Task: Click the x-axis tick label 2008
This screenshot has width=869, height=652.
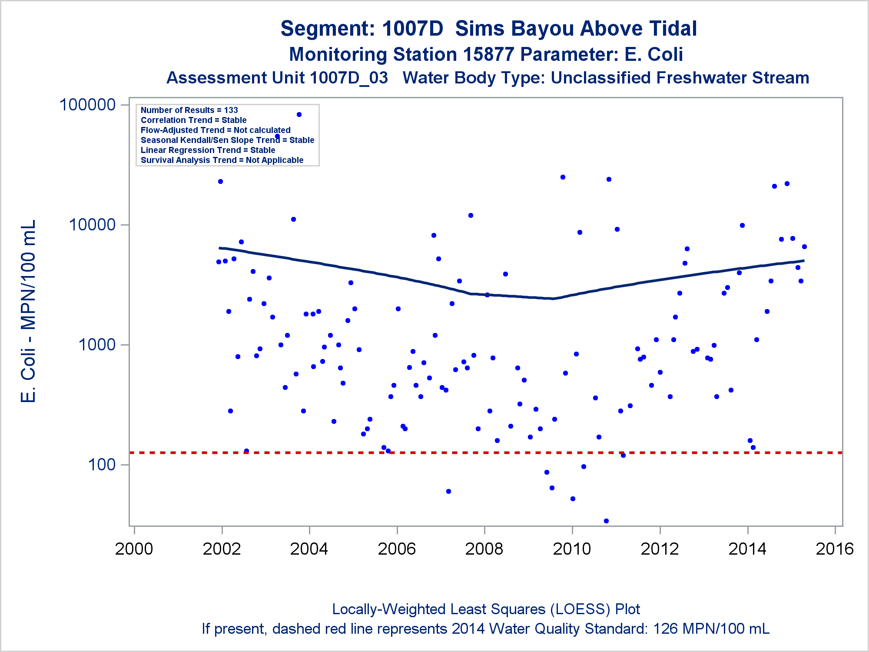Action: [484, 549]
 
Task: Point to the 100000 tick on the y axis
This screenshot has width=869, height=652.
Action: [87, 105]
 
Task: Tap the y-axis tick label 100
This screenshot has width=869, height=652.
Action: [102, 465]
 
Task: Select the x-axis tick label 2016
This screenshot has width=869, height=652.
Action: [835, 549]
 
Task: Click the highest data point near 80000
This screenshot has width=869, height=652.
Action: [299, 115]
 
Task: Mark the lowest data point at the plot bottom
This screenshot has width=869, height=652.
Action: [606, 521]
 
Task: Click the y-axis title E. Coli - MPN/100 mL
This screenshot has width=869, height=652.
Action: [29, 311]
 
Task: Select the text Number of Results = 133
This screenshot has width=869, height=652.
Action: [189, 110]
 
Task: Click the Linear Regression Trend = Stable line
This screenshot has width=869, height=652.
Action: [208, 150]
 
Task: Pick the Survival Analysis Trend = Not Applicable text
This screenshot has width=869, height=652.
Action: [222, 160]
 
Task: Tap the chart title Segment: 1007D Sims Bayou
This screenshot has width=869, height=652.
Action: [488, 29]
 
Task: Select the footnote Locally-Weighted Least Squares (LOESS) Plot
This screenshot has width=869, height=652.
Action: [486, 609]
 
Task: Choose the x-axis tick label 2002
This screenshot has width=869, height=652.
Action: [222, 549]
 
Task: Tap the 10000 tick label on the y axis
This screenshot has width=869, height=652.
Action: [92, 225]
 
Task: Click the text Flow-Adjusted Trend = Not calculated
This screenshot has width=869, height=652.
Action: [216, 130]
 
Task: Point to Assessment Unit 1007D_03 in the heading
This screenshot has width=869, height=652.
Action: [277, 78]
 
